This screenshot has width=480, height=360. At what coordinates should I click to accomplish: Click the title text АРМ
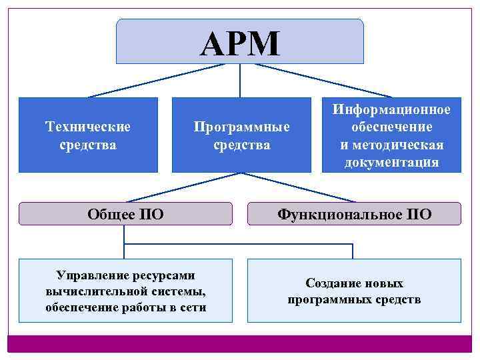click(240, 44)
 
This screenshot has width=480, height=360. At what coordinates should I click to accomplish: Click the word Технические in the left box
click(87, 125)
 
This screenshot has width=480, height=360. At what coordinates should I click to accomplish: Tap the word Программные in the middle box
click(242, 126)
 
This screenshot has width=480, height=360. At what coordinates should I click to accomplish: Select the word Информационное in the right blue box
click(392, 109)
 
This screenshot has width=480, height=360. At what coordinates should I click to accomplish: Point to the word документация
click(392, 163)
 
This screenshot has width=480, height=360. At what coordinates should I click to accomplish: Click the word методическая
click(400, 145)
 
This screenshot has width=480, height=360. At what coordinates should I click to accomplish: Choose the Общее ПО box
click(125, 213)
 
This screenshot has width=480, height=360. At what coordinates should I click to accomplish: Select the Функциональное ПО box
click(354, 213)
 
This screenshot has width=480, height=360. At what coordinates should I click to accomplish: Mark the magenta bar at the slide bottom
click(240, 343)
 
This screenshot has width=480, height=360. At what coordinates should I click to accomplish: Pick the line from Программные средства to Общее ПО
click(183, 187)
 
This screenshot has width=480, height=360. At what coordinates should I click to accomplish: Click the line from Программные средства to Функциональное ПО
click(297, 187)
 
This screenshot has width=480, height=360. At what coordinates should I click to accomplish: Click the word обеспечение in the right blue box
click(392, 127)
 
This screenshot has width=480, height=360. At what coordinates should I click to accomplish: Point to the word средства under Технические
click(87, 144)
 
